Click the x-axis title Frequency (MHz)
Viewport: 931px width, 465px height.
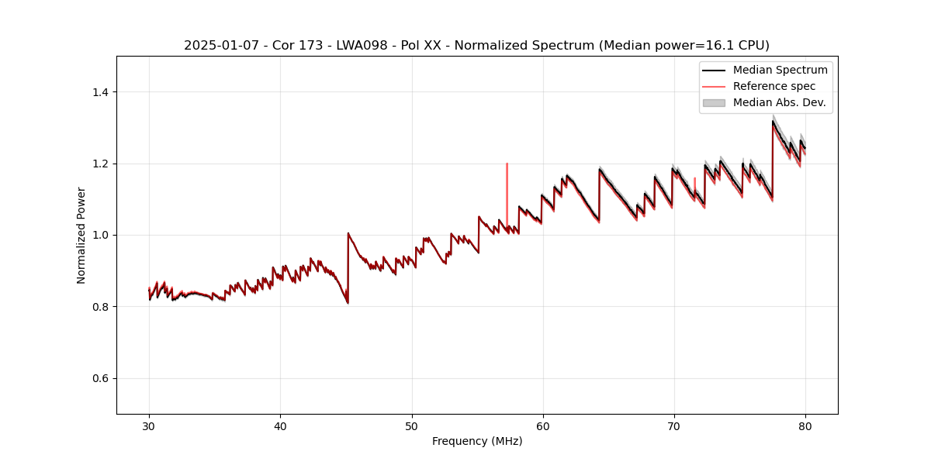(x=477, y=441)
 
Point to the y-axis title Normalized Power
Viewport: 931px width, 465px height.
(x=81, y=235)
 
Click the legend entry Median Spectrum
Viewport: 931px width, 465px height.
(x=780, y=71)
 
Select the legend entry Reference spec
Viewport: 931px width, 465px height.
(x=774, y=86)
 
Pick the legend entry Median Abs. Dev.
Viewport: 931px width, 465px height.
(x=779, y=102)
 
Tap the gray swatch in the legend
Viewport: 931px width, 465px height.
(x=714, y=102)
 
